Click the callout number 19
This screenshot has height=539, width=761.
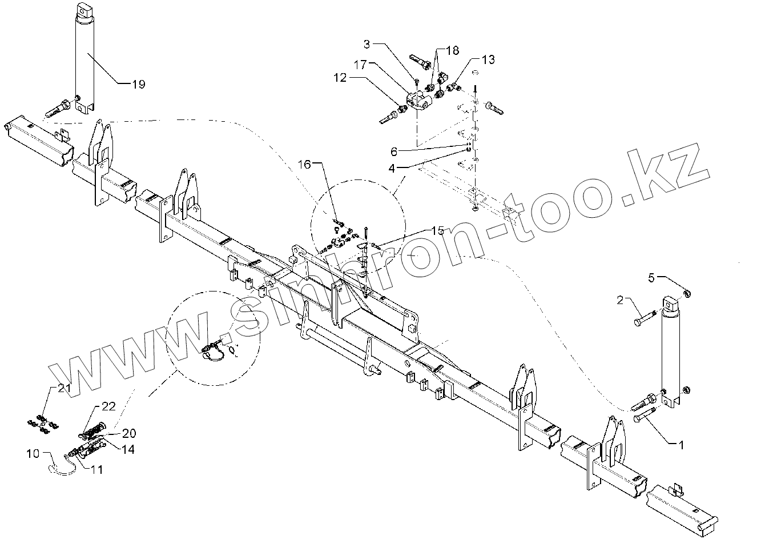(x=138, y=85)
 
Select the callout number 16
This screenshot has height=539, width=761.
(x=305, y=165)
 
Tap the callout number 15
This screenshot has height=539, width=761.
(x=438, y=230)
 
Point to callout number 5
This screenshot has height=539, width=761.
(x=652, y=278)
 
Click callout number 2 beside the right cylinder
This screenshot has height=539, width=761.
(x=622, y=299)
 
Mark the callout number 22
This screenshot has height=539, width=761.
(x=108, y=406)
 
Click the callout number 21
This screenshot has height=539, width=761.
(x=64, y=389)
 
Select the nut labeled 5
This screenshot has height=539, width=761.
(x=687, y=294)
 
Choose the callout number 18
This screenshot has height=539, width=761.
(x=452, y=51)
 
